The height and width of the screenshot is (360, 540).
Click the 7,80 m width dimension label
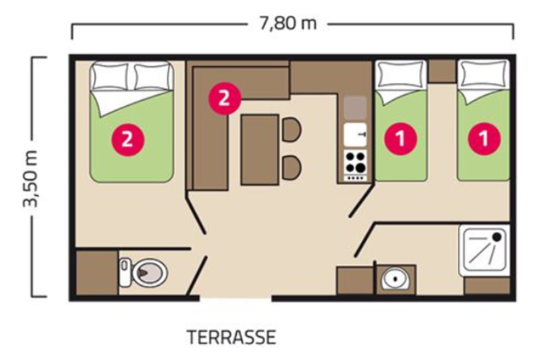coord(287,24)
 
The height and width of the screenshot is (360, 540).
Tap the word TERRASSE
coord(232,337)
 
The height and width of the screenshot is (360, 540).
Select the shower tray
coord(484,251)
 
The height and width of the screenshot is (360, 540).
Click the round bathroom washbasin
coord(395,279)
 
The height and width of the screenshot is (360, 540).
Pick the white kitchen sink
coord(355,135)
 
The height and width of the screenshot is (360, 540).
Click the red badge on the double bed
coord(127,139)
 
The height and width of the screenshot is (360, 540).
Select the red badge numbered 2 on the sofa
coord(224,99)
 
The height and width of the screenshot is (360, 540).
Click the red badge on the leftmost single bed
coord(400,138)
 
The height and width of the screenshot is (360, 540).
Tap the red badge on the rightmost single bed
coord(484,138)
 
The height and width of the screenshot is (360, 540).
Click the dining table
coord(260,150)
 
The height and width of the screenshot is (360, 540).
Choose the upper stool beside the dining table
coord(292,130)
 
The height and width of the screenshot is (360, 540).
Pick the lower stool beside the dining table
coord(292,168)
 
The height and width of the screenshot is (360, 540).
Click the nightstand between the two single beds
coord(442,71)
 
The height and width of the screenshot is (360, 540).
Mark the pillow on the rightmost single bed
coord(484,74)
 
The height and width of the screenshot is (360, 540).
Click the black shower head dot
coord(496,237)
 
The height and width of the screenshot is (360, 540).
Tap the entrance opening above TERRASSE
coord(236,298)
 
